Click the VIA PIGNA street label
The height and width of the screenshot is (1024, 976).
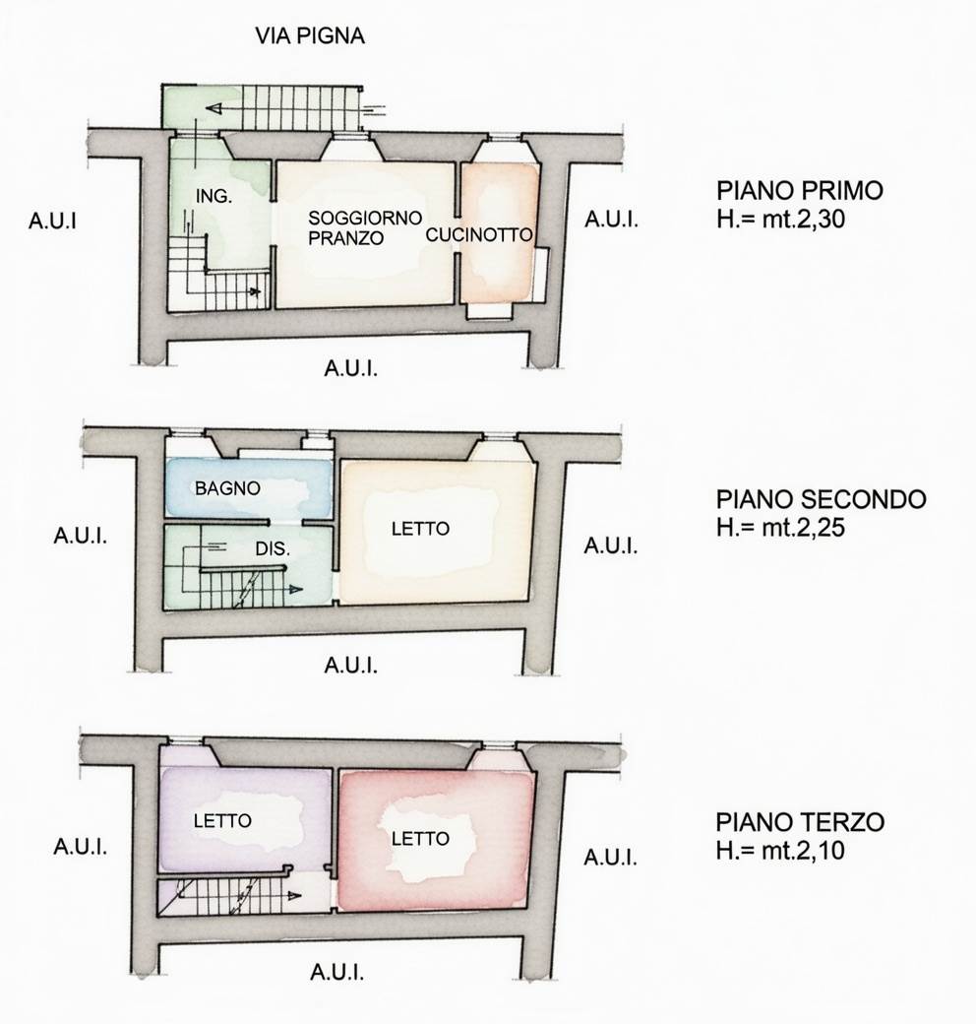310,35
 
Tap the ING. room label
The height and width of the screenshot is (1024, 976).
213,195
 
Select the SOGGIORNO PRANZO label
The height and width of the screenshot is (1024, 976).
365,227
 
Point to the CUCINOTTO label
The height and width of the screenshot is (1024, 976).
479,235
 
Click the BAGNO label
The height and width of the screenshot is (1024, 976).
227,487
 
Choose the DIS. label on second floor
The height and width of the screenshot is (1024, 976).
273,548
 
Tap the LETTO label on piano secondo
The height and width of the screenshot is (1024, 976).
420,529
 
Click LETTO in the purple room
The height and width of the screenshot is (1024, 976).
222,820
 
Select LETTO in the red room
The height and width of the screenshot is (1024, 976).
420,838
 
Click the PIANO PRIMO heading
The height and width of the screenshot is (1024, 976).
800,191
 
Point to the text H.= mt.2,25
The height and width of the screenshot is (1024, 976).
780,527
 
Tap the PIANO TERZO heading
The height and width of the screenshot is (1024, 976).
800,821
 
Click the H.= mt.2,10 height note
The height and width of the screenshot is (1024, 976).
780,851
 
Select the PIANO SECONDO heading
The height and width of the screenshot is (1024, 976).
822,499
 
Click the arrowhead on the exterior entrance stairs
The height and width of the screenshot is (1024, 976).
213,108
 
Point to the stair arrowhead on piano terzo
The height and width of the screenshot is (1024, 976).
295,896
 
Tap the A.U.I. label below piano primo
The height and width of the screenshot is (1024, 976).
351,369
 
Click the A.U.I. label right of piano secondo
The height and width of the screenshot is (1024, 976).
611,545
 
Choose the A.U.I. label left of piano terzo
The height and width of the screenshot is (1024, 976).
81,847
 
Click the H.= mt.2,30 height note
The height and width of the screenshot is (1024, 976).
780,219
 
